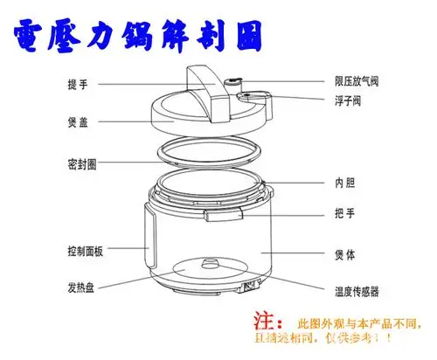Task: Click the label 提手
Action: click(x=77, y=85)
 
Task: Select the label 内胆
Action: click(x=344, y=183)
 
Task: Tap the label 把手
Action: click(x=344, y=212)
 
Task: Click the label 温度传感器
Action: click(x=357, y=291)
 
